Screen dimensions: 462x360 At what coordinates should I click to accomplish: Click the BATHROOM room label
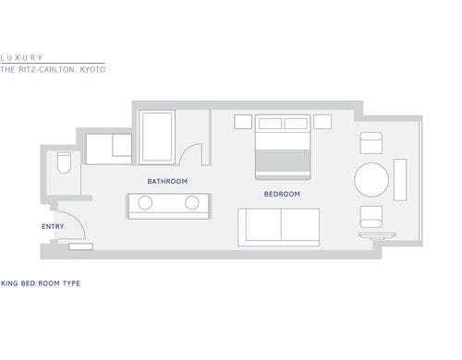(167, 181)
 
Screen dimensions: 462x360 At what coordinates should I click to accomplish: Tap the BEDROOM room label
(282, 194)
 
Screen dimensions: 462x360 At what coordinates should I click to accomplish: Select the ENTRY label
(53, 226)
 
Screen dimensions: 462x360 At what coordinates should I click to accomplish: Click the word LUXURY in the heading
(21, 57)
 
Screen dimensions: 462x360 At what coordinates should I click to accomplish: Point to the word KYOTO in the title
(92, 69)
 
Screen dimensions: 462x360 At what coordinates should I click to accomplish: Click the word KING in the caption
(9, 283)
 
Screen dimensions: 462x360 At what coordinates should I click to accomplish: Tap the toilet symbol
(64, 162)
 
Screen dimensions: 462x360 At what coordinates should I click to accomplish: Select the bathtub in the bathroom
(157, 138)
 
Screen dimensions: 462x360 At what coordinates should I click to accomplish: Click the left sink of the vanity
(145, 203)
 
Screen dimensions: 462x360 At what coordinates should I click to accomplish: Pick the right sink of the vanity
(192, 203)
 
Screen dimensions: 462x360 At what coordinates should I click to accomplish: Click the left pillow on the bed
(270, 124)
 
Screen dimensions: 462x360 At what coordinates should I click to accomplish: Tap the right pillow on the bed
(296, 124)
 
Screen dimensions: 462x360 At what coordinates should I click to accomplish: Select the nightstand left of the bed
(243, 122)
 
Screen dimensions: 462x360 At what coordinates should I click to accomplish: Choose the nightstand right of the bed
(322, 122)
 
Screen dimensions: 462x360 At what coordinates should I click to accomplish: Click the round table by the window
(371, 180)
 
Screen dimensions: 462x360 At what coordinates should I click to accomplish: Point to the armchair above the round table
(371, 143)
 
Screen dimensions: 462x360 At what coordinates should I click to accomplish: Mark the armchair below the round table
(371, 217)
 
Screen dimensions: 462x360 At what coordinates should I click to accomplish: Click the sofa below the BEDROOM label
(278, 227)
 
